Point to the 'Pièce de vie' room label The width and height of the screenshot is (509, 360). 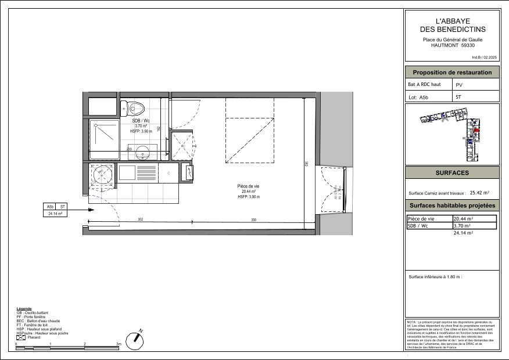248,186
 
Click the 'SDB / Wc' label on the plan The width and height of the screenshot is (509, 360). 141,120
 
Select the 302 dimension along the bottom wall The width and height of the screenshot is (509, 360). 140,219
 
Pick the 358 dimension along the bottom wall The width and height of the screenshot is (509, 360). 253,219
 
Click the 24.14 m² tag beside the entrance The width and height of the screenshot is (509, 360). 55,214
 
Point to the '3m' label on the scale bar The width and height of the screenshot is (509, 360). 119,344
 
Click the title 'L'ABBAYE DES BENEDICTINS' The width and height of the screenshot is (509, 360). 452,26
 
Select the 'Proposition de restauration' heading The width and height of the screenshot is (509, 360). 452,73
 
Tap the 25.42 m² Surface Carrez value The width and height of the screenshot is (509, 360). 479,193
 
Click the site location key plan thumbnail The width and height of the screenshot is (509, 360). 452,134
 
